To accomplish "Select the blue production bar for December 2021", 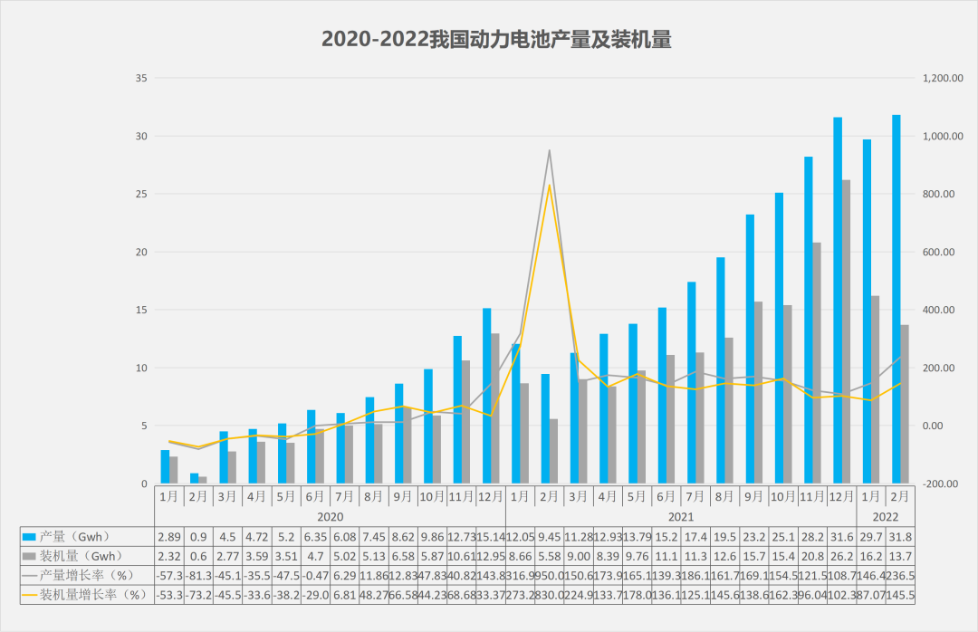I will coord(838,299).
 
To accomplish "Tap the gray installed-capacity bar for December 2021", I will coord(847,330).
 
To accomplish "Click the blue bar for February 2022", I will coord(896,299).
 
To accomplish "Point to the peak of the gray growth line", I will coord(549,151).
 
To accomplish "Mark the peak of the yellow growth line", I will coord(549,186).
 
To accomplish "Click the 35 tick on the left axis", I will coord(140,79).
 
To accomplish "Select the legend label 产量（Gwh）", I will coord(77,537).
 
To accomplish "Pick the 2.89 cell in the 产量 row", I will coord(169,537).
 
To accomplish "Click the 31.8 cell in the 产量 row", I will coord(899,537).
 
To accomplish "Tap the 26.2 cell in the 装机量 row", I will coord(841,556).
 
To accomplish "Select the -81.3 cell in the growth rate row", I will coord(197,575).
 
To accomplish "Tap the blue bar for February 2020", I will coord(194,478).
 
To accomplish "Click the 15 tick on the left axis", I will coord(140,310).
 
